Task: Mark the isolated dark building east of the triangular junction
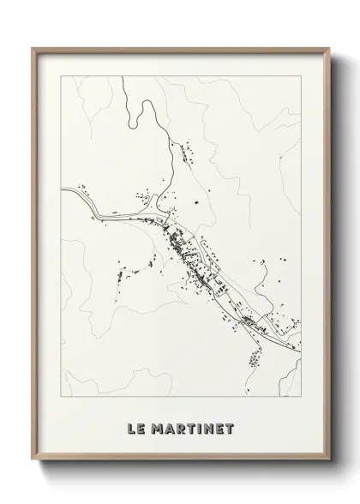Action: coord(198,202)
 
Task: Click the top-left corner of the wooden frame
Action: coord(33,48)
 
